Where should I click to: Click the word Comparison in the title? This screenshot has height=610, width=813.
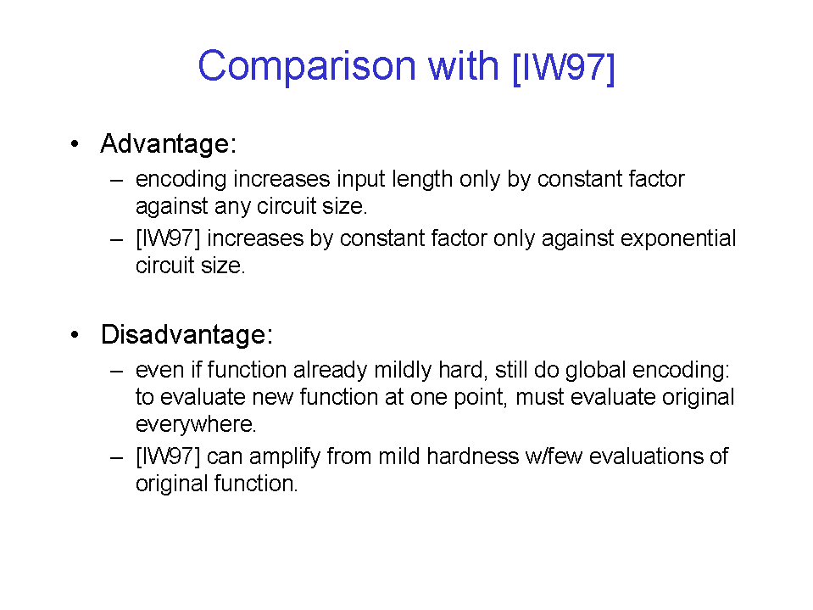307,66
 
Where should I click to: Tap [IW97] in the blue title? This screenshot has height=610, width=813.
563,67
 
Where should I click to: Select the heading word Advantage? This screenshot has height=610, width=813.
165,144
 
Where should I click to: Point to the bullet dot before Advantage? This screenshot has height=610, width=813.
75,143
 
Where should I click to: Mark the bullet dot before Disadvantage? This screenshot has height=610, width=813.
75,334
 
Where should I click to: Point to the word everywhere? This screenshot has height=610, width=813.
195,425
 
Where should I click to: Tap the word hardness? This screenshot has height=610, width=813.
472,456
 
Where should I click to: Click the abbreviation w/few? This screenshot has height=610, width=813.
554,456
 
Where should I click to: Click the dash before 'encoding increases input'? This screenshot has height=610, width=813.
116,181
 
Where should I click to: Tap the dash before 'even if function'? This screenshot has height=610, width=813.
116,372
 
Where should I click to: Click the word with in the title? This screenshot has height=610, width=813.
463,66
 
